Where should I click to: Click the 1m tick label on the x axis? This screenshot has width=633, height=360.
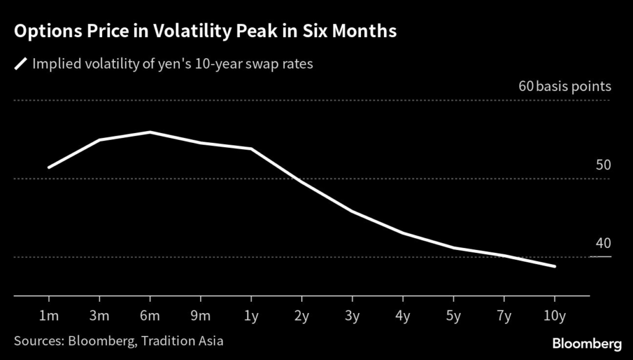[49, 316]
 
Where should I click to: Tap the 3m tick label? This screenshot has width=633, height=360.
[100, 316]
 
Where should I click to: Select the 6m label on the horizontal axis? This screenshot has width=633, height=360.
[150, 316]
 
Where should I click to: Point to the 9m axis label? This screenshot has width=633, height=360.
[201, 316]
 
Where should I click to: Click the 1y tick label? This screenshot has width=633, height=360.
[251, 316]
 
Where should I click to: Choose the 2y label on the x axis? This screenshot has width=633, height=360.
[302, 316]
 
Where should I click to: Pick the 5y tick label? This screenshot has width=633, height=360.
[454, 316]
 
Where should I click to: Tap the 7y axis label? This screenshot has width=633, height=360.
[504, 316]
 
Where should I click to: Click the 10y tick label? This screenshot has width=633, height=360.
[554, 316]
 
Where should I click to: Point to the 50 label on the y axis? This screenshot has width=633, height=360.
[603, 165]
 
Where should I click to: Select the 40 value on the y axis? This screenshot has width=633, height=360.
[603, 243]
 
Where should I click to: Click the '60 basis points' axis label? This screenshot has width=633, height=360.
[564, 87]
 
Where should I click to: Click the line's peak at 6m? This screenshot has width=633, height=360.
[150, 132]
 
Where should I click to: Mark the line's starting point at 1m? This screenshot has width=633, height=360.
[49, 167]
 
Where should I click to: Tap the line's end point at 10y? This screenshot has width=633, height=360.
[554, 267]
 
